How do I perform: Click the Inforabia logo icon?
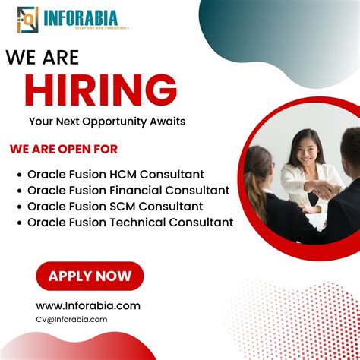pos(27,19)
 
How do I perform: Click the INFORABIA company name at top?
pos(85,16)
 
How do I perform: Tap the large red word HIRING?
pos(101,91)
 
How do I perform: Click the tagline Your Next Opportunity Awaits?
pos(107,121)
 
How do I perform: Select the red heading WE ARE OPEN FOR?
pos(64,150)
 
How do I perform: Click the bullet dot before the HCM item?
pos(18,175)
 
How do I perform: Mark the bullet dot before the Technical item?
pos(18,223)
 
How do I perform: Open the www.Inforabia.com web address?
pos(88,305)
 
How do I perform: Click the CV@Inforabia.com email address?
pos(71,319)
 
